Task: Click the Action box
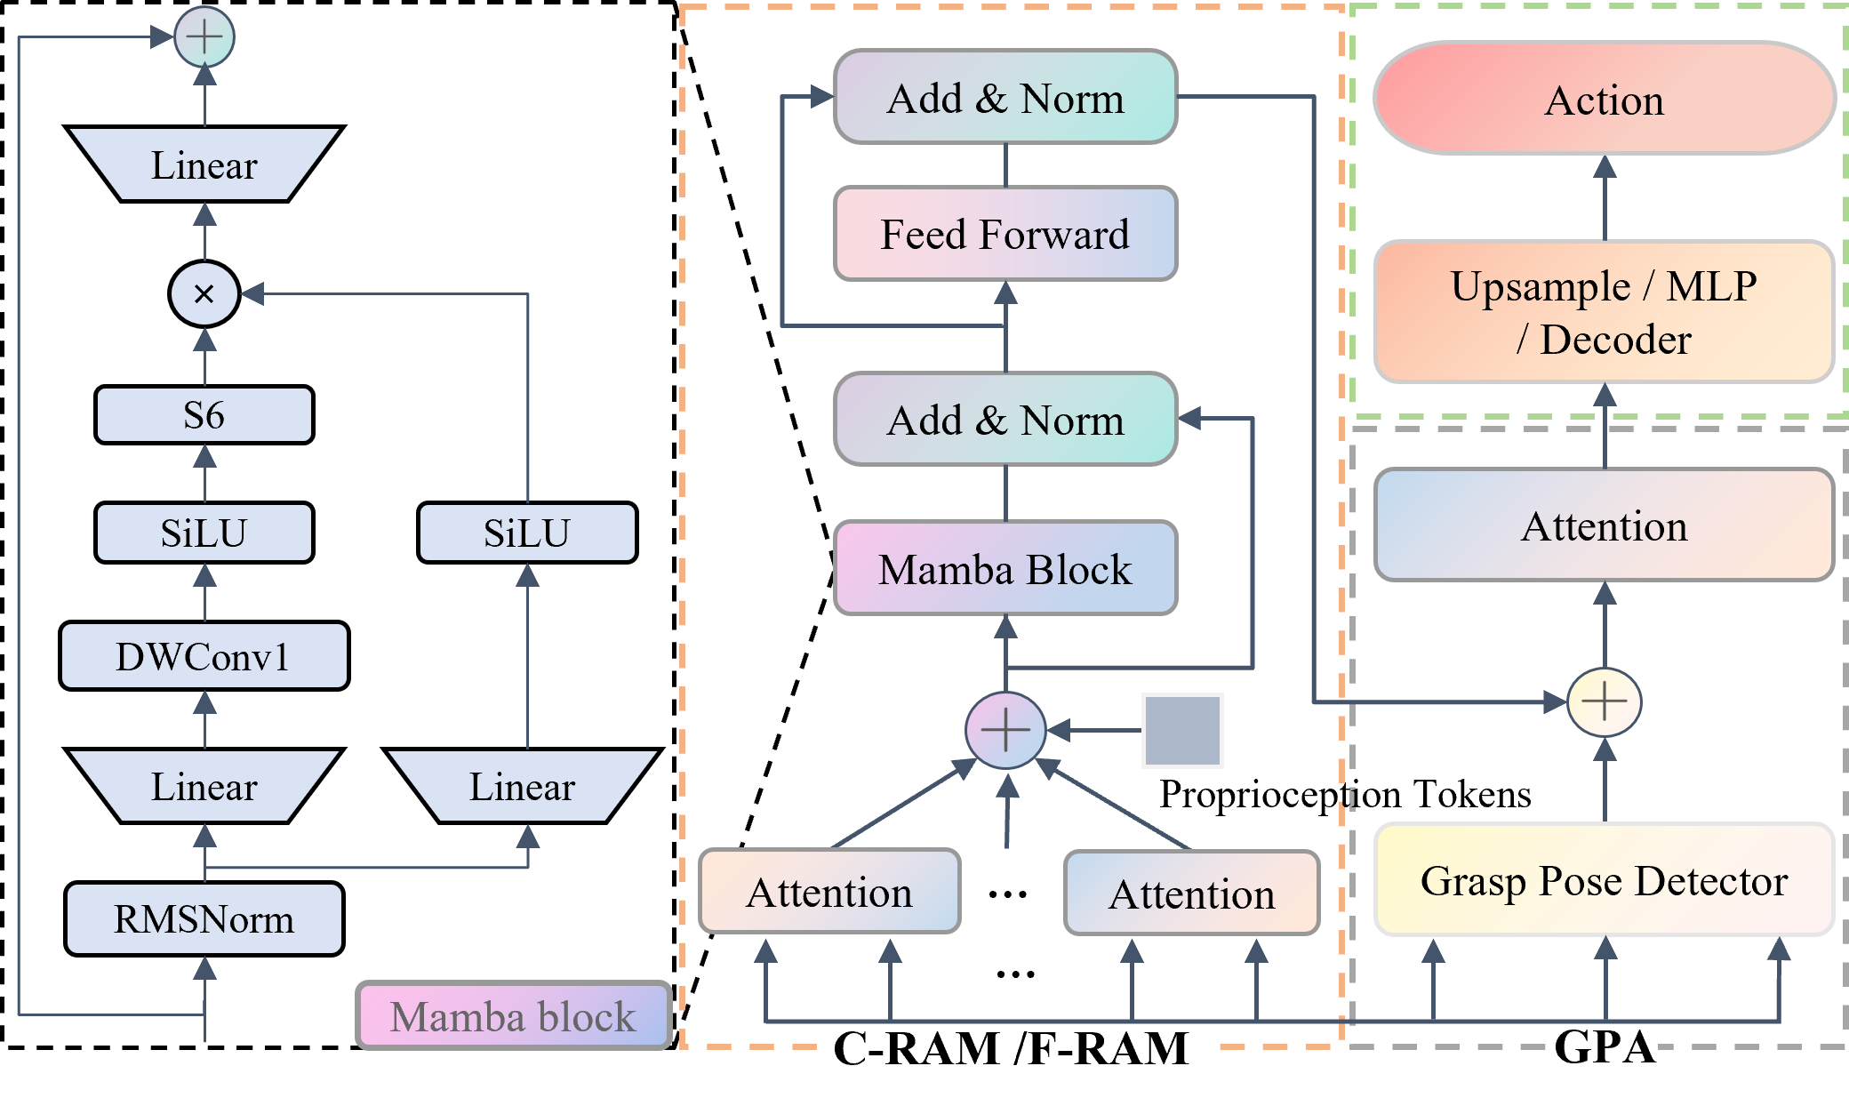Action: coord(1604,99)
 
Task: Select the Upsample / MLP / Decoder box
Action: coord(1604,312)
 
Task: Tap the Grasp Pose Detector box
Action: coord(1604,880)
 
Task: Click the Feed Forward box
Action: coord(1005,234)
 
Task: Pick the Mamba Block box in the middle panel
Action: coord(1005,569)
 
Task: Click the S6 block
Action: coord(204,415)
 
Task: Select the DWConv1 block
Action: coord(204,656)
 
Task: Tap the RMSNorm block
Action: coord(204,918)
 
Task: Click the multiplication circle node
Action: coord(204,293)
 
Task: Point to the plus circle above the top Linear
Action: coord(204,37)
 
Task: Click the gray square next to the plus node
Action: coord(1182,731)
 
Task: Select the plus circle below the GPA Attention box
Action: coord(1604,702)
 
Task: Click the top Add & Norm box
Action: coord(1005,97)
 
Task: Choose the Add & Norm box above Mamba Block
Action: coord(1005,420)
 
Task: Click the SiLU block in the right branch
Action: coord(527,533)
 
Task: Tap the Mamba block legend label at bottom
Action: coord(513,1015)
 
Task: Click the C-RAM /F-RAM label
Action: coord(1013,1049)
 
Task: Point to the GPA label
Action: coord(1605,1049)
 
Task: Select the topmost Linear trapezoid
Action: coord(204,164)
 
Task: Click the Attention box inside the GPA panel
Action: coord(1604,525)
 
